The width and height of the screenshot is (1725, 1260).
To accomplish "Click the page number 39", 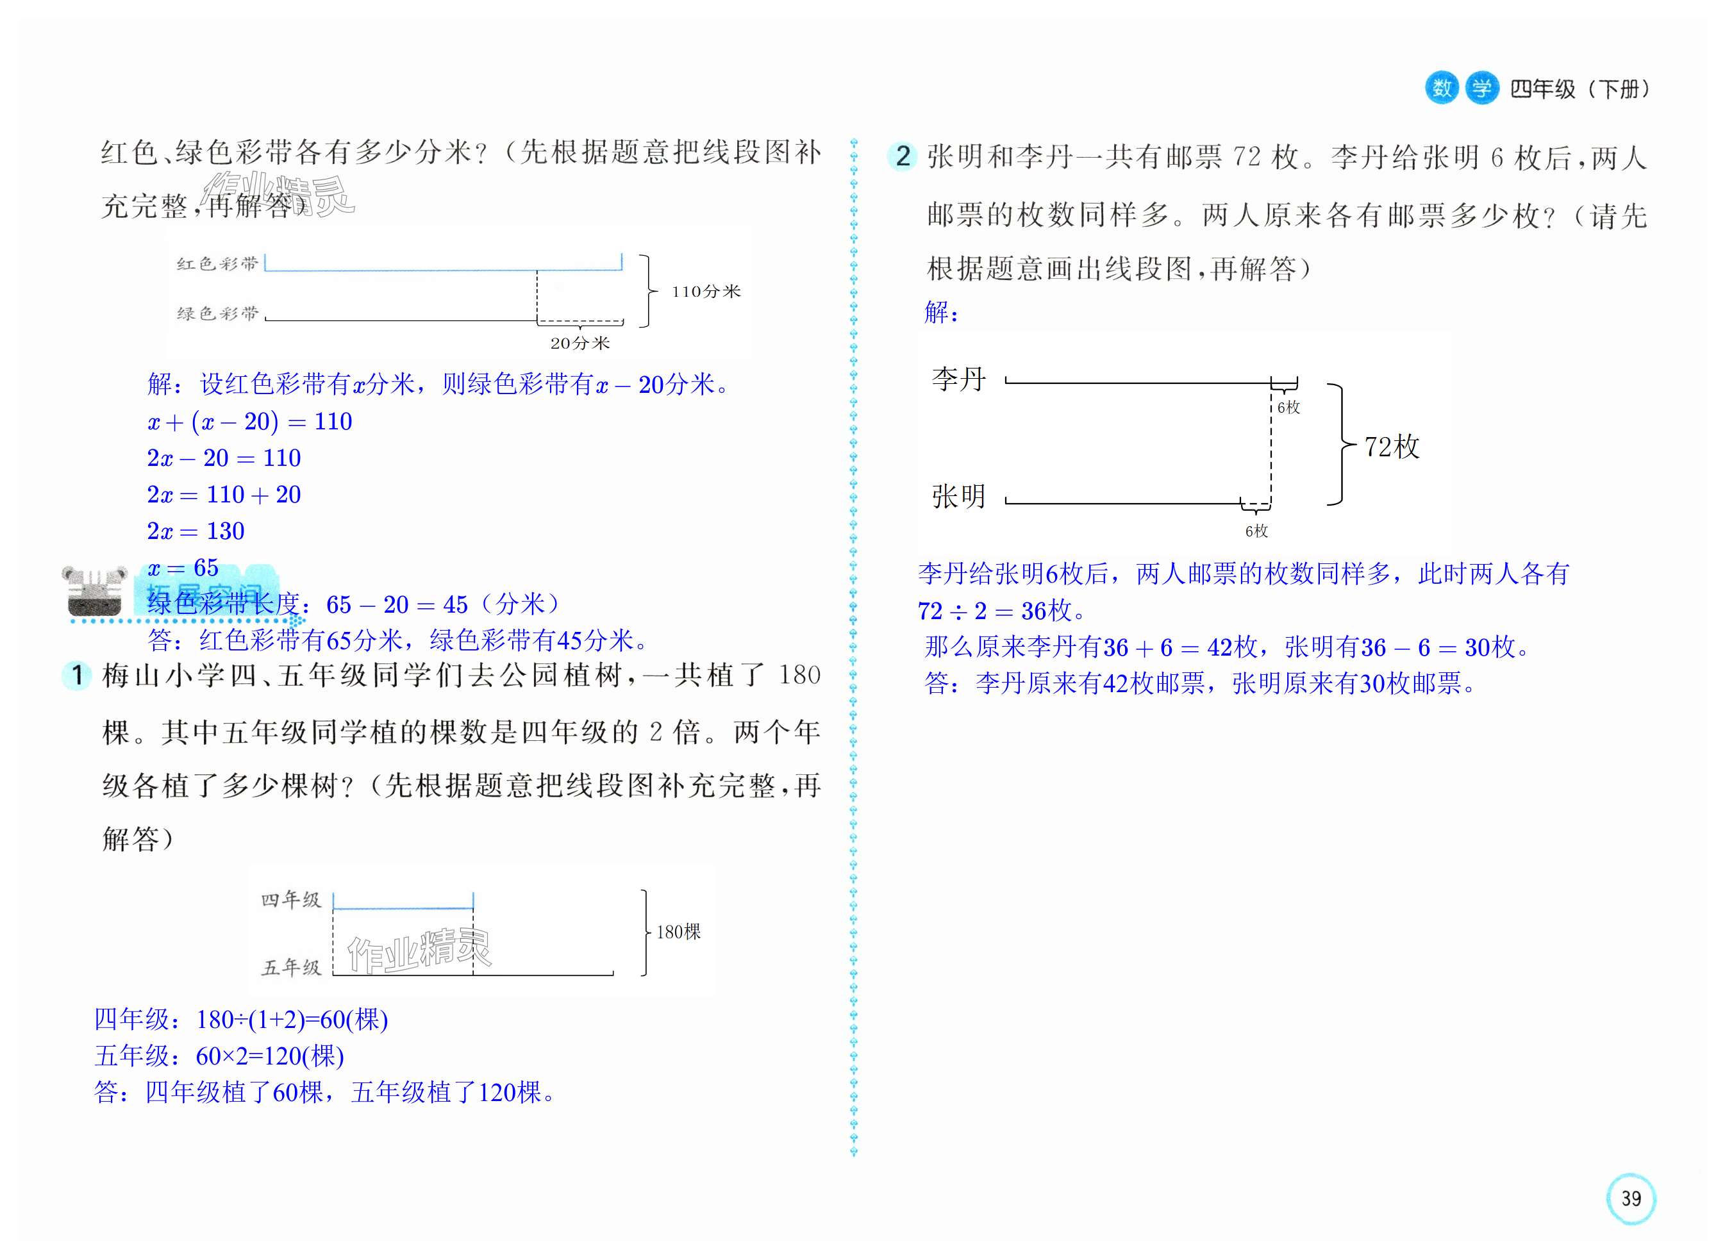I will point(1630,1198).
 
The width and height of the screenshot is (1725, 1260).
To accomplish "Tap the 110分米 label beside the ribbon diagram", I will point(706,292).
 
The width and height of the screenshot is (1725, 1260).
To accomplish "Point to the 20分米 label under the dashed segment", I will point(580,344).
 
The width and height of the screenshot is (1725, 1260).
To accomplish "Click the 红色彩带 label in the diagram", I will point(218,264).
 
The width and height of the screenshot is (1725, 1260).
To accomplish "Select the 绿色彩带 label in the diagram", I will point(218,313).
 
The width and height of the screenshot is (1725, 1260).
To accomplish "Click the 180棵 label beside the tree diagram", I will point(678,932).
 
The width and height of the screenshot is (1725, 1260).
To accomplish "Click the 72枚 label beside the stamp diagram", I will point(1392,447).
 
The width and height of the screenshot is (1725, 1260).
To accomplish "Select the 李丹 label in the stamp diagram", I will point(959,379).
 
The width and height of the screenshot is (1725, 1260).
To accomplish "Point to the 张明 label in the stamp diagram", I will point(959,497).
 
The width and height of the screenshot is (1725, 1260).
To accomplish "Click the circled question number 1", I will point(76,675).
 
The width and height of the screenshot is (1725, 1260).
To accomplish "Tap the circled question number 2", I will point(903,156).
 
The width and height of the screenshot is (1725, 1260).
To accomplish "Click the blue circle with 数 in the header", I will point(1441,88).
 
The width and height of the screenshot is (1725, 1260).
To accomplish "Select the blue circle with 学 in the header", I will point(1481,88).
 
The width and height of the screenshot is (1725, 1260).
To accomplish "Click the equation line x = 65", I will point(183,567).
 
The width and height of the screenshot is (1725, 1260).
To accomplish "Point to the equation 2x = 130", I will point(196,531).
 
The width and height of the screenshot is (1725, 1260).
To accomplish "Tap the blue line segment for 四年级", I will point(403,908).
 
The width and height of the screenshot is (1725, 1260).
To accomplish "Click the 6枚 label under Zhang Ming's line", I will point(1256,531).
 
